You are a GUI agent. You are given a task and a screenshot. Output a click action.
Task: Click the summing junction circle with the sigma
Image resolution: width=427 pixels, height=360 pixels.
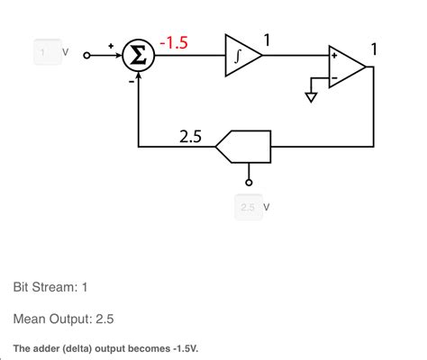pos(138,56)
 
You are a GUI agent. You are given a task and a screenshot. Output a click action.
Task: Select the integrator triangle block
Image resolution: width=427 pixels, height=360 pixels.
pos(241,56)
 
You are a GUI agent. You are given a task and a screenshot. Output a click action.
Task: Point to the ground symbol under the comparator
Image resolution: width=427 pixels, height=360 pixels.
pos(312,96)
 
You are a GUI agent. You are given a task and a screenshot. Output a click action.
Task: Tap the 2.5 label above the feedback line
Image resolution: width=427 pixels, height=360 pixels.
pos(190,137)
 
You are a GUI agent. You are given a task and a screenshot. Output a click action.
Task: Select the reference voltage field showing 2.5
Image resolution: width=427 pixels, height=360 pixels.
pos(248,207)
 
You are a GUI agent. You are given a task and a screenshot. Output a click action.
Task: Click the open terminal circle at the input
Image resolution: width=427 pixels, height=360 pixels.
pos(87,56)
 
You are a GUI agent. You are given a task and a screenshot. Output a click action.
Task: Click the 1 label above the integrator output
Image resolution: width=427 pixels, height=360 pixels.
pos(267,38)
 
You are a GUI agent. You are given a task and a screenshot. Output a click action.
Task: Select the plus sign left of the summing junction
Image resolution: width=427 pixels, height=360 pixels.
pos(111,43)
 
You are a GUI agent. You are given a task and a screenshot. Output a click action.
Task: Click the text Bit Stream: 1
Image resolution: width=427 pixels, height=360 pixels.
pos(50,287)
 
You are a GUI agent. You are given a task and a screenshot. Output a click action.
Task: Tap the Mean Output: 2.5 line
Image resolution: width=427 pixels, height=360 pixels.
pos(63,319)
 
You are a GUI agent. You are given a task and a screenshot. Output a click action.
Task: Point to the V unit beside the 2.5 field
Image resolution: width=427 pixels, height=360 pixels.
pos(267,208)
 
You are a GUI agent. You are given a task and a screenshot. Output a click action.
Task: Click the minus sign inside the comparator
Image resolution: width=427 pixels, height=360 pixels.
pos(335,78)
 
